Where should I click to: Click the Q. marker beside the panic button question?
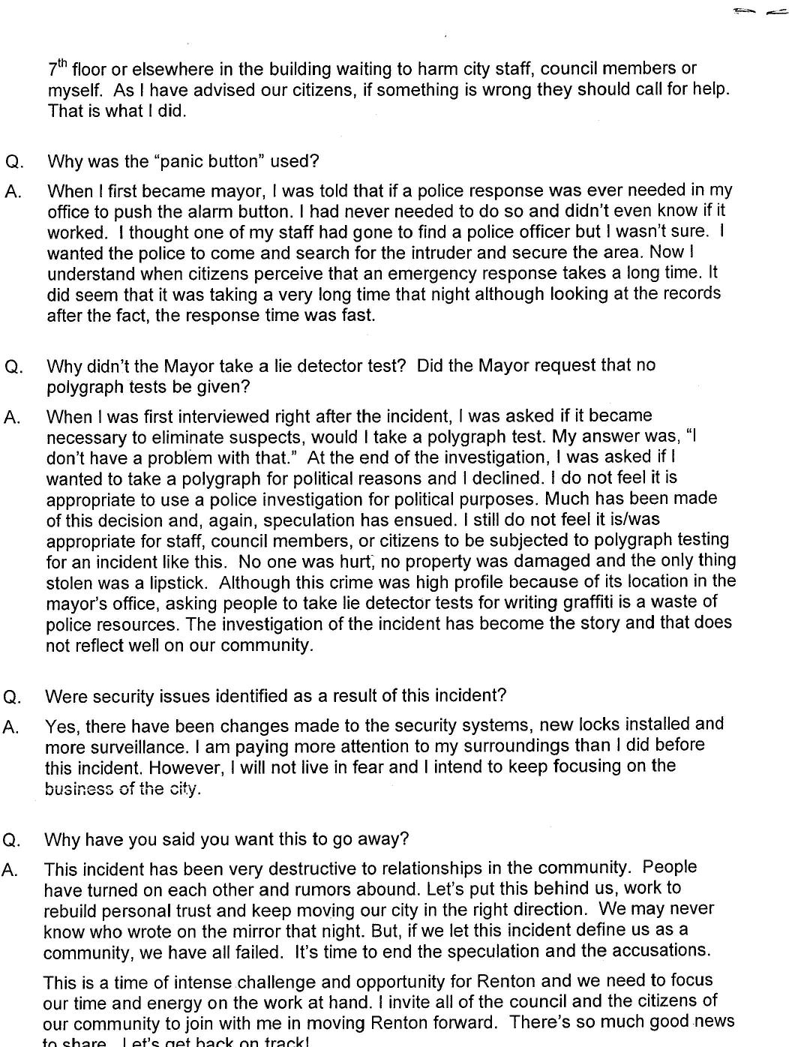click(x=14, y=162)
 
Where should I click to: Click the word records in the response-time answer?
click(x=694, y=293)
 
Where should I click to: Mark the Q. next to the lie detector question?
click(x=13, y=367)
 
